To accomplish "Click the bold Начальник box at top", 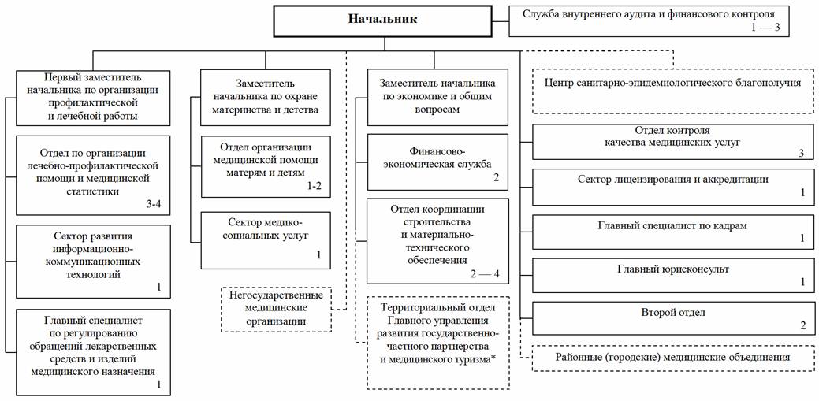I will click(382, 19).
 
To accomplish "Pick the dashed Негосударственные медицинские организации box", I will click(275, 308).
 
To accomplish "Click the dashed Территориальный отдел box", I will click(437, 341).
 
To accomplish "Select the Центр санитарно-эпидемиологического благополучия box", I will click(672, 82).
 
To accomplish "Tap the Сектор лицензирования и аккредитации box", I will click(672, 185).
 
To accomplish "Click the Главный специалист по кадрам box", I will click(672, 230).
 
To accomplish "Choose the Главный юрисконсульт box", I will click(672, 274).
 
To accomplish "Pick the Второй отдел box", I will click(672, 318).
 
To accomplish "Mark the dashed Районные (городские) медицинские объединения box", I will click(672, 358).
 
